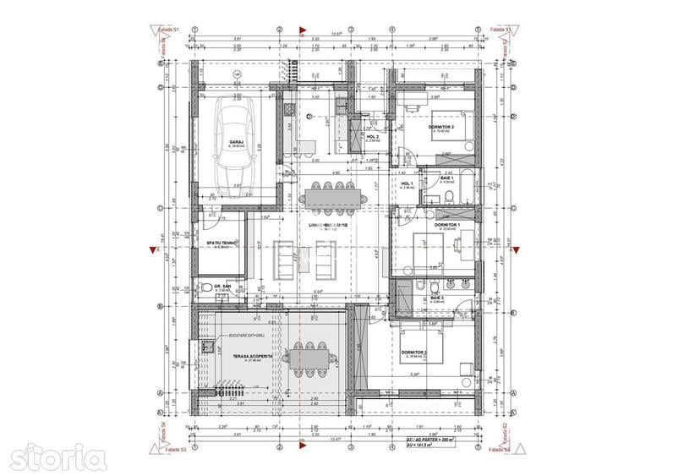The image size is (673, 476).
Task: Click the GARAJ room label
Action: click(236, 142)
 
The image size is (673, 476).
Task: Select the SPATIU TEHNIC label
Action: click(222, 243)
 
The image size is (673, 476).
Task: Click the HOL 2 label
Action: click(372, 136)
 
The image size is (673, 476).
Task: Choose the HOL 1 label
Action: click(406, 183)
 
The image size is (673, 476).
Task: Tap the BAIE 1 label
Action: click(446, 178)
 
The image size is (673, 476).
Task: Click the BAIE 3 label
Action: click(437, 298)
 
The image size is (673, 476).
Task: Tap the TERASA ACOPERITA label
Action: click(252, 357)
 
